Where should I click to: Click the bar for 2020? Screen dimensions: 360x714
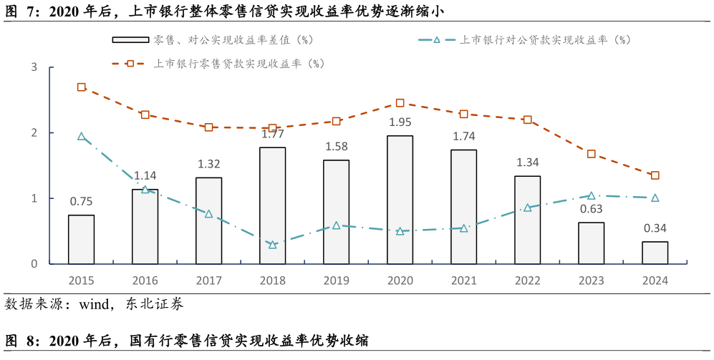(400, 200)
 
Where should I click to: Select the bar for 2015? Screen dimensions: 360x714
(81, 239)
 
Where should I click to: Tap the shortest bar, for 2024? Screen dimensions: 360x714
(655, 253)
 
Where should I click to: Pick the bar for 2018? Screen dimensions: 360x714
(272, 205)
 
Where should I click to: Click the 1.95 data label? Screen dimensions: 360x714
(400, 122)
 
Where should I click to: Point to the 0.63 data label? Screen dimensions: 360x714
(591, 209)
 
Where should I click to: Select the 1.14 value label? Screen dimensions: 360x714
(145, 175)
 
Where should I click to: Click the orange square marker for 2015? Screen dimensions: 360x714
(81, 87)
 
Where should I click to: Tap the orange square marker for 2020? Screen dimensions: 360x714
(400, 103)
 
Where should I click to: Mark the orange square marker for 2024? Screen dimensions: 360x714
(655, 175)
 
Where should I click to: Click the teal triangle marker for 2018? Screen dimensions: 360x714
(272, 245)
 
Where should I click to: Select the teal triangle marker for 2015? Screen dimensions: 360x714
(81, 136)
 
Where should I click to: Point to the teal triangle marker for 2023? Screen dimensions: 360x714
(591, 195)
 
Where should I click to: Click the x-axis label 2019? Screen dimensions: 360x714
(336, 281)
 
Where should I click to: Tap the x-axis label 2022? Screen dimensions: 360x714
(527, 281)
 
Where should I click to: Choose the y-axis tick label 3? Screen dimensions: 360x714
(34, 67)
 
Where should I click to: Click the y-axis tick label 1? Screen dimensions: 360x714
(34, 198)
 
